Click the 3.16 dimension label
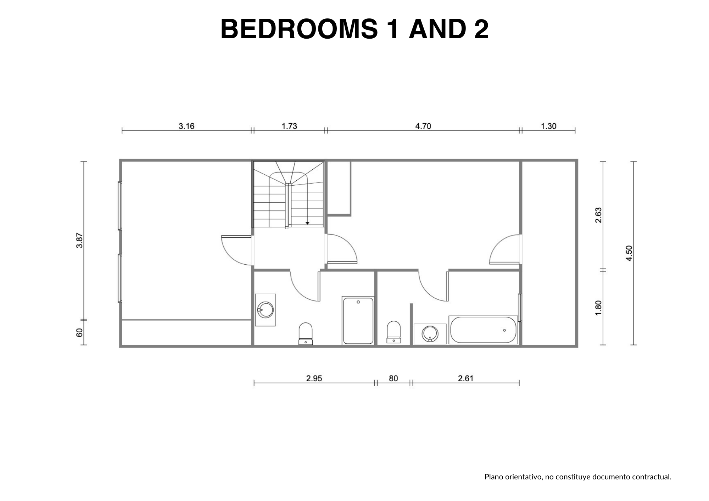186,126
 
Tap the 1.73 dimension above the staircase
289,126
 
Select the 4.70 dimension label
423,126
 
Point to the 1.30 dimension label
549,126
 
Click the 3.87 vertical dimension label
80,240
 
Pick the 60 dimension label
80,333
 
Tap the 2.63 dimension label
598,215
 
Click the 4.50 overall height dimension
629,253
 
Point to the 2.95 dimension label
314,378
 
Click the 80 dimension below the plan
393,378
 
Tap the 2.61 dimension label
466,378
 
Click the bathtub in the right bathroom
483,330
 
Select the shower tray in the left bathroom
358,321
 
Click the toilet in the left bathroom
306,333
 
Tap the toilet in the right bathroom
393,332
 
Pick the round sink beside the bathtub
430,334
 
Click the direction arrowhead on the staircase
307,223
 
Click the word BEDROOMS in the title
299,29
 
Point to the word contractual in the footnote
656,477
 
